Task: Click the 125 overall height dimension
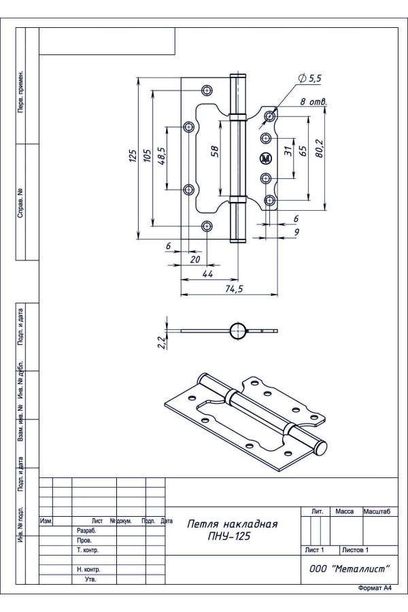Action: click(x=133, y=156)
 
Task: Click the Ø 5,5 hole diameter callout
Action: click(x=309, y=79)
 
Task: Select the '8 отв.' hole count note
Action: click(x=313, y=103)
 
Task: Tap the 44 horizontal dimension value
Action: click(x=208, y=273)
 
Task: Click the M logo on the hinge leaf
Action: click(x=265, y=158)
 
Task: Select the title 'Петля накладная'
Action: click(x=233, y=524)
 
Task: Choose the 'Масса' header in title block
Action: click(x=346, y=511)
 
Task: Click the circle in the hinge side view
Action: click(x=239, y=331)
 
